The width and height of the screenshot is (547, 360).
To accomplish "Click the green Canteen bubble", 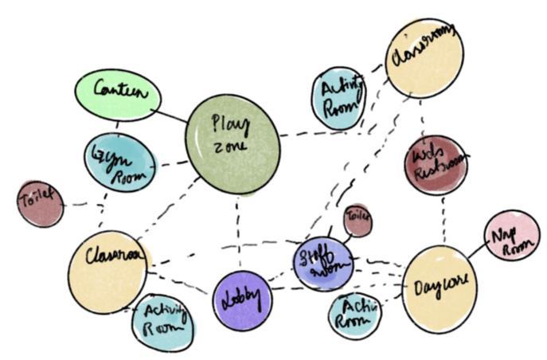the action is (119, 96).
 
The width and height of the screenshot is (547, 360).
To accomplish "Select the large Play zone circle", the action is (232, 143).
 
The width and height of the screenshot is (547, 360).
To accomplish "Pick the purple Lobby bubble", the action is (242, 301).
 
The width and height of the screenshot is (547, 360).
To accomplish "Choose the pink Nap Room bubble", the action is (510, 235).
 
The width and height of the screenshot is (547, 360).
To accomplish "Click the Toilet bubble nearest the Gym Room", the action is (40, 204).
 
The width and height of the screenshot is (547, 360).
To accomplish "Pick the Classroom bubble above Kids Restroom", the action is (424, 57).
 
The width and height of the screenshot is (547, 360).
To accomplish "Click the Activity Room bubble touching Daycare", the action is (355, 314).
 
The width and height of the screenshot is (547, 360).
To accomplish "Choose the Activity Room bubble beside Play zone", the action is (338, 98).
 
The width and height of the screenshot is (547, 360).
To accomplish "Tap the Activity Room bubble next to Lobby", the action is (163, 321).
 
